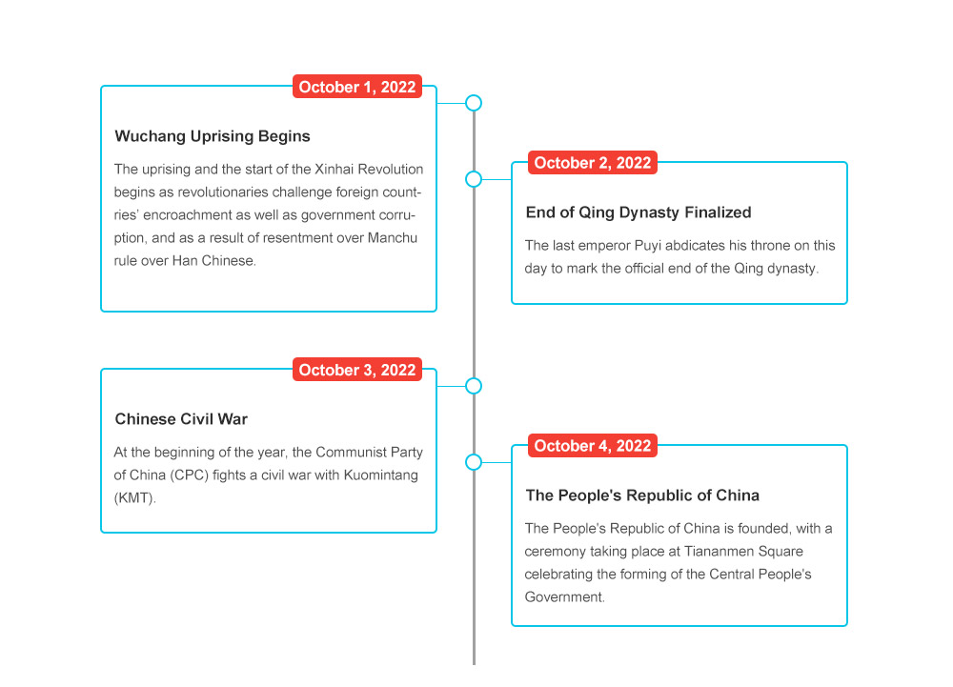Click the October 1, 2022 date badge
click(x=357, y=87)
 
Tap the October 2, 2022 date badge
click(x=593, y=163)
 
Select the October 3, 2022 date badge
click(x=357, y=370)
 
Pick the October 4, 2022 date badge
click(x=593, y=446)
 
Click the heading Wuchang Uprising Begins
click(x=213, y=136)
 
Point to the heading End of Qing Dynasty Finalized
click(x=639, y=212)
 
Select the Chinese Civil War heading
click(x=181, y=419)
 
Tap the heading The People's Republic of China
click(x=642, y=495)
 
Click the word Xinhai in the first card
click(x=335, y=169)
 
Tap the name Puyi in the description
click(x=648, y=246)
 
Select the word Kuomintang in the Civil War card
click(x=380, y=475)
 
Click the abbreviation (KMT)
click(x=135, y=498)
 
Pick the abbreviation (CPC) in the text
click(x=189, y=475)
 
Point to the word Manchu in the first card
click(x=392, y=237)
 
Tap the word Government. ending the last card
click(x=564, y=597)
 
